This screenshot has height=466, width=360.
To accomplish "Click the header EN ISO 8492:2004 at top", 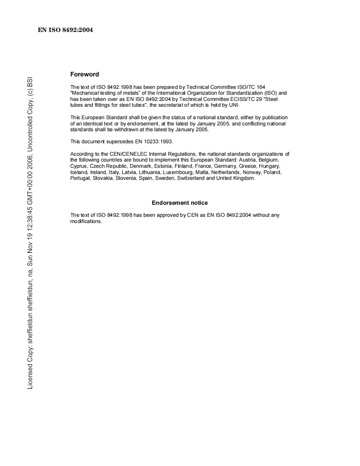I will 65,30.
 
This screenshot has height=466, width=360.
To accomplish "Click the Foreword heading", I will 84,74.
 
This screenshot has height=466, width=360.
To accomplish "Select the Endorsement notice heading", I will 180,203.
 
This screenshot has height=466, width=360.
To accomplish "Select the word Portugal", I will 80,178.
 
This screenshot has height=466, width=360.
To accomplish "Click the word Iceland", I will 79,172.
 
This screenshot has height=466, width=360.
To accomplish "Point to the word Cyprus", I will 79,166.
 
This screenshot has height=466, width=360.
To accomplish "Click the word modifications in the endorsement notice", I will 86,221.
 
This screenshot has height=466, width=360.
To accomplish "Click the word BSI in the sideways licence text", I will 30,84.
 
